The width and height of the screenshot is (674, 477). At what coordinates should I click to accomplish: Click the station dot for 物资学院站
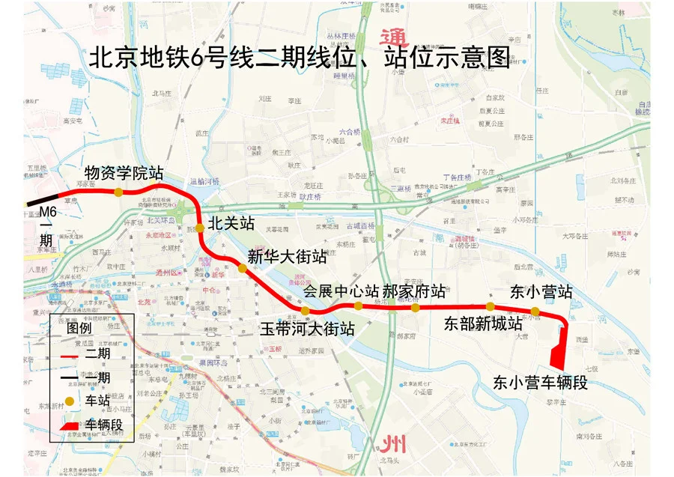click(x=118, y=192)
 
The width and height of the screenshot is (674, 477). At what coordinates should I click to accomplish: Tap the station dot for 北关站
click(x=200, y=228)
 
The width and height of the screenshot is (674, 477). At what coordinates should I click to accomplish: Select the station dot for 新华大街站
click(x=242, y=267)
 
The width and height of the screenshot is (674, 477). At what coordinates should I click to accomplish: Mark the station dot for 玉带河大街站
click(x=305, y=310)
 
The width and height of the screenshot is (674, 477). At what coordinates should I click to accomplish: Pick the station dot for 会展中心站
click(x=358, y=306)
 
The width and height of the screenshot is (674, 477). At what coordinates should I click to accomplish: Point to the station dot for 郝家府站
click(x=415, y=307)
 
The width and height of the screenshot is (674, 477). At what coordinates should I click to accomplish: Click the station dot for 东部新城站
click(x=490, y=306)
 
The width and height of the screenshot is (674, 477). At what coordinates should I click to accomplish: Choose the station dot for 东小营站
click(x=535, y=311)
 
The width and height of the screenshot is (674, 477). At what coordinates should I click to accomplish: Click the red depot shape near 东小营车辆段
click(x=558, y=356)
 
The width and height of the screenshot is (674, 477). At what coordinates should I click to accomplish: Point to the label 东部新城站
click(x=483, y=324)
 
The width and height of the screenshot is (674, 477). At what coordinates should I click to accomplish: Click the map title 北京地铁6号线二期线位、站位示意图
click(x=300, y=58)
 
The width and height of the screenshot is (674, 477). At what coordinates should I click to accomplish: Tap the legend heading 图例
click(x=79, y=327)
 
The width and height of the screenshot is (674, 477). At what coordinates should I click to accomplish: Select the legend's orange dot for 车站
click(x=68, y=401)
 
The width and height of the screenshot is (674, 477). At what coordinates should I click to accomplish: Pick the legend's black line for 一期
click(x=68, y=377)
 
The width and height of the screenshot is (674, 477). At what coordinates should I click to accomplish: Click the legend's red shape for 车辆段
click(x=68, y=425)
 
